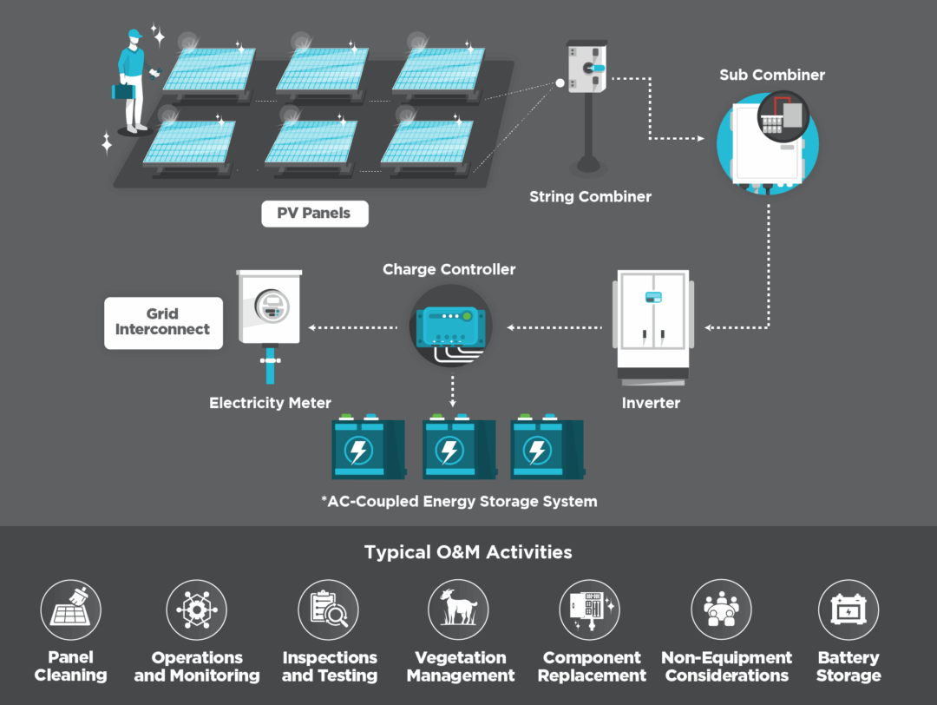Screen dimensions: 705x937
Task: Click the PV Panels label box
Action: tap(314, 213)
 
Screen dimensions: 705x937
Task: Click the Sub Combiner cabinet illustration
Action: tap(767, 142)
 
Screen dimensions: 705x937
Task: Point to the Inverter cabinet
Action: tap(652, 326)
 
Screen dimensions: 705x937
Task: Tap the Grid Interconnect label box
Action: tap(163, 323)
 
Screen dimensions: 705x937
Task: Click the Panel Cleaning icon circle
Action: tap(70, 609)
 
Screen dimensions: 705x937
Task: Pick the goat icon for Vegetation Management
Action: tap(459, 609)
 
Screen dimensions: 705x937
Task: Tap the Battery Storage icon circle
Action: tap(848, 609)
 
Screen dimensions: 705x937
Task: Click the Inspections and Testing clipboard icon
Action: tap(329, 609)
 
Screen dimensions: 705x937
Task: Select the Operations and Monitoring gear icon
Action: tap(196, 609)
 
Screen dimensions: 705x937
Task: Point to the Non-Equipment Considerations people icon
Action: tap(720, 609)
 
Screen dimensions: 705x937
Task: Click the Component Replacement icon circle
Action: tap(590, 609)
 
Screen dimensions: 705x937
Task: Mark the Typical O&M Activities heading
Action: tap(468, 552)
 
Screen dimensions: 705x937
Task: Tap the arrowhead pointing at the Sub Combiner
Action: tap(700, 138)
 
